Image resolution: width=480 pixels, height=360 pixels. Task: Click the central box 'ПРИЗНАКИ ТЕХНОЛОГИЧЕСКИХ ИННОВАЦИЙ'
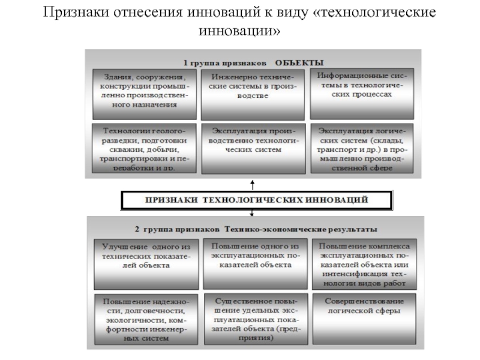click(x=257, y=200)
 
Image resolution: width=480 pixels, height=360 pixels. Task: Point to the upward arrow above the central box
click(x=253, y=184)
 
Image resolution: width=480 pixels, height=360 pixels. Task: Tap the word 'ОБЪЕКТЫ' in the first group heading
click(x=299, y=62)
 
